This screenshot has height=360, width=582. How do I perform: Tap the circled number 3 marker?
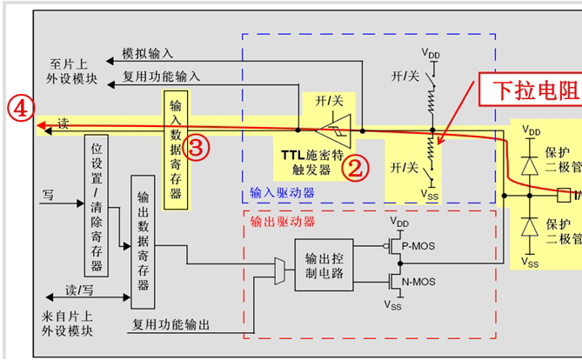[x=197, y=148]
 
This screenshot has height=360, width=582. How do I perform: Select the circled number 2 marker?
[x=352, y=168]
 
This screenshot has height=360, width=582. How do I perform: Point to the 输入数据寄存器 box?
[x=176, y=143]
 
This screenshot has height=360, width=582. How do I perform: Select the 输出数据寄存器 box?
[x=142, y=241]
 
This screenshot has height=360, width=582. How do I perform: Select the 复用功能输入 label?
[x=161, y=76]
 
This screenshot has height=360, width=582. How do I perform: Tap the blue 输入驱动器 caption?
[x=283, y=191]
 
